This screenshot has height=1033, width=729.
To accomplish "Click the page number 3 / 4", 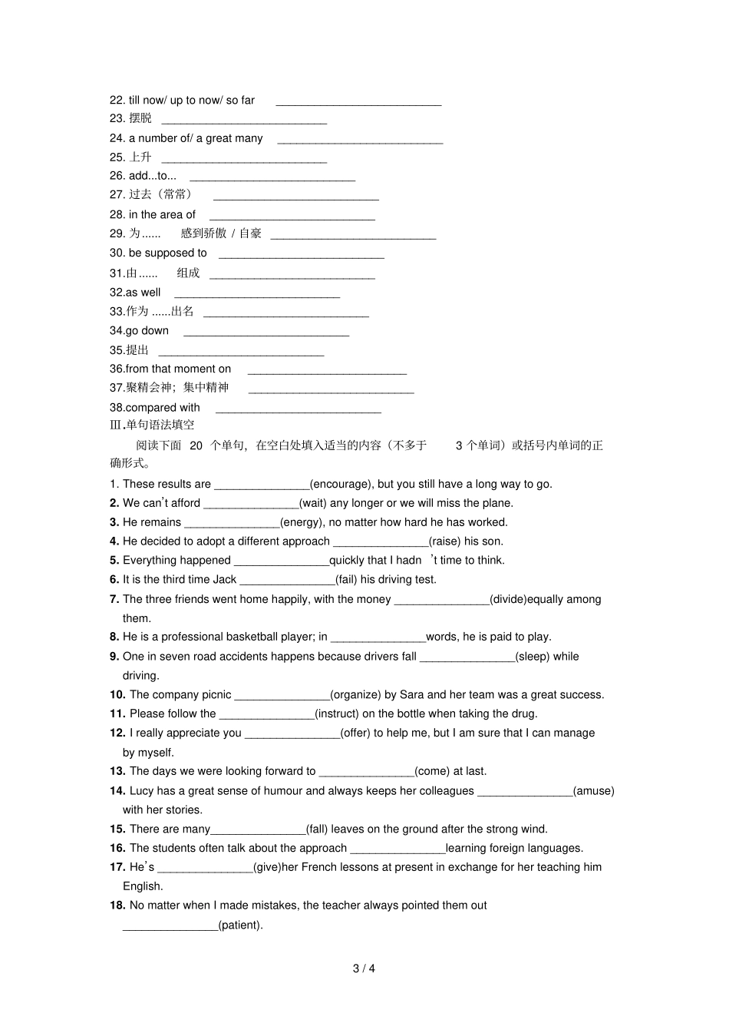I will click(364, 968).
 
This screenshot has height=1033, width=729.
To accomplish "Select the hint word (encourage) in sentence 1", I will click(341, 484).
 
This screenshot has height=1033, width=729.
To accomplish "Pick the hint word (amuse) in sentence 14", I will click(593, 791).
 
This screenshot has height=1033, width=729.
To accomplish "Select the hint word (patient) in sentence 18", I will click(240, 925).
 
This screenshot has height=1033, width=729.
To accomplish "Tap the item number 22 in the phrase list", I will click(117, 100).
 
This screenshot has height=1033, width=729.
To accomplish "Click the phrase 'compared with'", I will click(163, 408).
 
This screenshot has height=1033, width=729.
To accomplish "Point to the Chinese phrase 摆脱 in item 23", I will click(140, 118).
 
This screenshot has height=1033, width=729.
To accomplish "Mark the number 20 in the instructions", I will click(196, 445).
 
